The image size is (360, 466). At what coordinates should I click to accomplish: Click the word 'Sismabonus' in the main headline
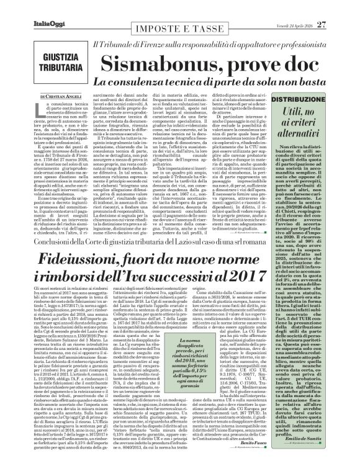[x=157, y=63]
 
